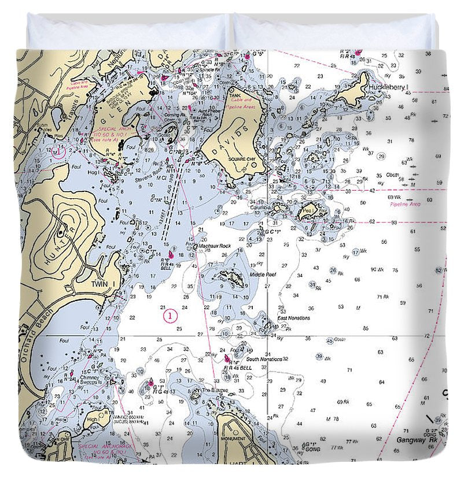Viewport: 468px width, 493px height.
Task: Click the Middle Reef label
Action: click(262, 275)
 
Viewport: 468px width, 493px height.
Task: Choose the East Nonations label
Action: click(293, 318)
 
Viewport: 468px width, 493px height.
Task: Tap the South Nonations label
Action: click(264, 359)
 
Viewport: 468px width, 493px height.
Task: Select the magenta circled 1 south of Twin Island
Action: click(169, 316)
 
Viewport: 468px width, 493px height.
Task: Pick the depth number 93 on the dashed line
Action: click(394, 223)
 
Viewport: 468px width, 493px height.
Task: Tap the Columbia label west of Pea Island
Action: click(261, 206)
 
